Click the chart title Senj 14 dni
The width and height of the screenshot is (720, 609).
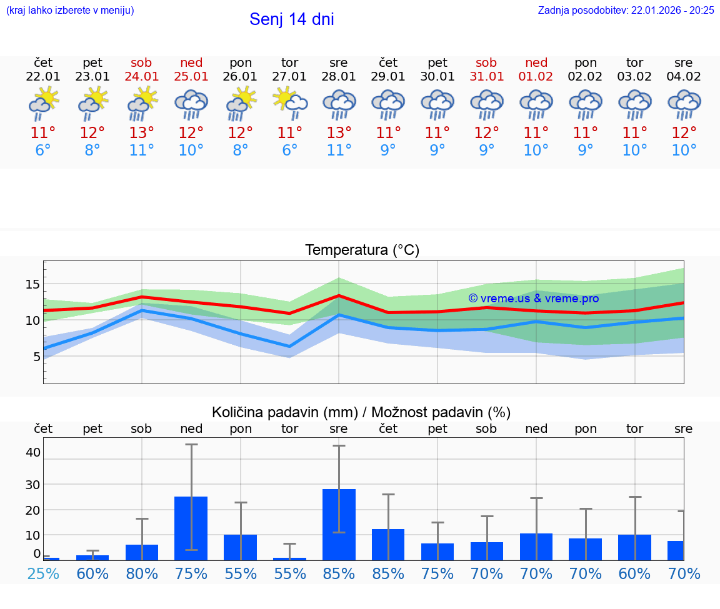coord(291,19)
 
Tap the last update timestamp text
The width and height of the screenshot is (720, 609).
coord(626,10)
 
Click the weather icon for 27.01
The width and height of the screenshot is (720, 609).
coord(289,103)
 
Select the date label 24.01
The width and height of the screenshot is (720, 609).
coord(141,77)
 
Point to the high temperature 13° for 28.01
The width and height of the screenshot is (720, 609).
coord(339,133)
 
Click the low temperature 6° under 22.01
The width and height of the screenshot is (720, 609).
coord(43,151)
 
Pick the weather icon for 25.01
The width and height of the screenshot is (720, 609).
coord(191,104)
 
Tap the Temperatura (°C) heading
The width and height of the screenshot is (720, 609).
coord(362,250)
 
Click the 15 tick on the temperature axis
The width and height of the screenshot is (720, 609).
coord(32,285)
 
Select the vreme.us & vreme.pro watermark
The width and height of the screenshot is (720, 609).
coord(533,299)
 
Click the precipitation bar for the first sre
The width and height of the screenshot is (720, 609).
coord(339,525)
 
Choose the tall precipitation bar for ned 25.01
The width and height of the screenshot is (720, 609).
coord(191,528)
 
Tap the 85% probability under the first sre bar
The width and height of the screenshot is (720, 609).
coord(339,573)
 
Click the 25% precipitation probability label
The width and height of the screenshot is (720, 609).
coord(43,573)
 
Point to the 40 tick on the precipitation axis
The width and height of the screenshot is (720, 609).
coord(32,452)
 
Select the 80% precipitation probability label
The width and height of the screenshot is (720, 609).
coord(142,573)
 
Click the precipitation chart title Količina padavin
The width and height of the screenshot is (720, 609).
coord(361,412)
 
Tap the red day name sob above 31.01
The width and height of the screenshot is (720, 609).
coord(486,63)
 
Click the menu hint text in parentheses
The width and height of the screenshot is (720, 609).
coord(70,10)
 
